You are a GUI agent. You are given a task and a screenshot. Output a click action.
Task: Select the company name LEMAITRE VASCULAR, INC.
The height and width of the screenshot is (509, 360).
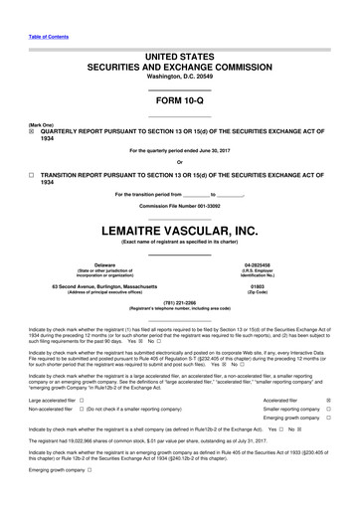[179, 230]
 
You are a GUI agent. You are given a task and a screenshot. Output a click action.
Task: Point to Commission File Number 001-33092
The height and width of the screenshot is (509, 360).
[179, 206]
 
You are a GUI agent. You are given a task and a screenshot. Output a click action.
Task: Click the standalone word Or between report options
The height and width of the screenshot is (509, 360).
[179, 162]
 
